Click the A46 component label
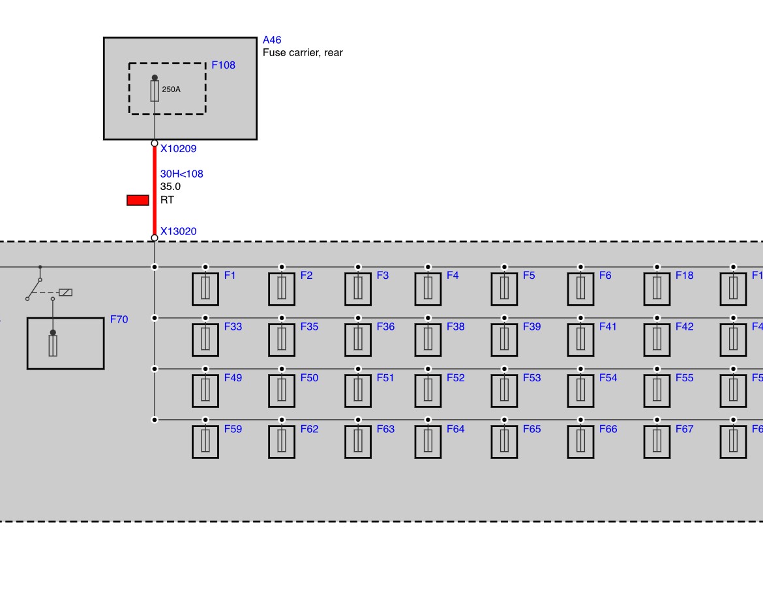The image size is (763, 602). coord(271,40)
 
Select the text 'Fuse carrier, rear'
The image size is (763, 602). coord(303,53)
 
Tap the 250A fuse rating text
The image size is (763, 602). coord(172,89)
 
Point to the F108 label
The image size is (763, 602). coord(223,65)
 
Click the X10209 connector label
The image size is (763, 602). coord(179,149)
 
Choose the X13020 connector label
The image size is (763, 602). coord(179,231)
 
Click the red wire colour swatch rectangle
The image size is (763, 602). coord(138,200)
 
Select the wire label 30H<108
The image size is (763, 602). coord(181,174)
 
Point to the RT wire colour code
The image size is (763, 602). coord(167,200)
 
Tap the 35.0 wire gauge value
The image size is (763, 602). coord(170,187)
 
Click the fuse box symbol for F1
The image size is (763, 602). coord(205,289)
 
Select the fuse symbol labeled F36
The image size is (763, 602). coord(358,340)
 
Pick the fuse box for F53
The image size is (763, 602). coord(504,391)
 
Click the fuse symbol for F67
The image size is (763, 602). coord(657,442)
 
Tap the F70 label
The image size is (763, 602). coord(119,319)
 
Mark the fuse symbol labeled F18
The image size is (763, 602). coord(657,289)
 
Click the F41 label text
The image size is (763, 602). coord(608,327)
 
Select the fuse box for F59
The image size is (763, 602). coord(205,442)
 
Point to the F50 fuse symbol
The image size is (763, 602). coord(282,391)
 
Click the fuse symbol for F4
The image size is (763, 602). coord(428,289)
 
